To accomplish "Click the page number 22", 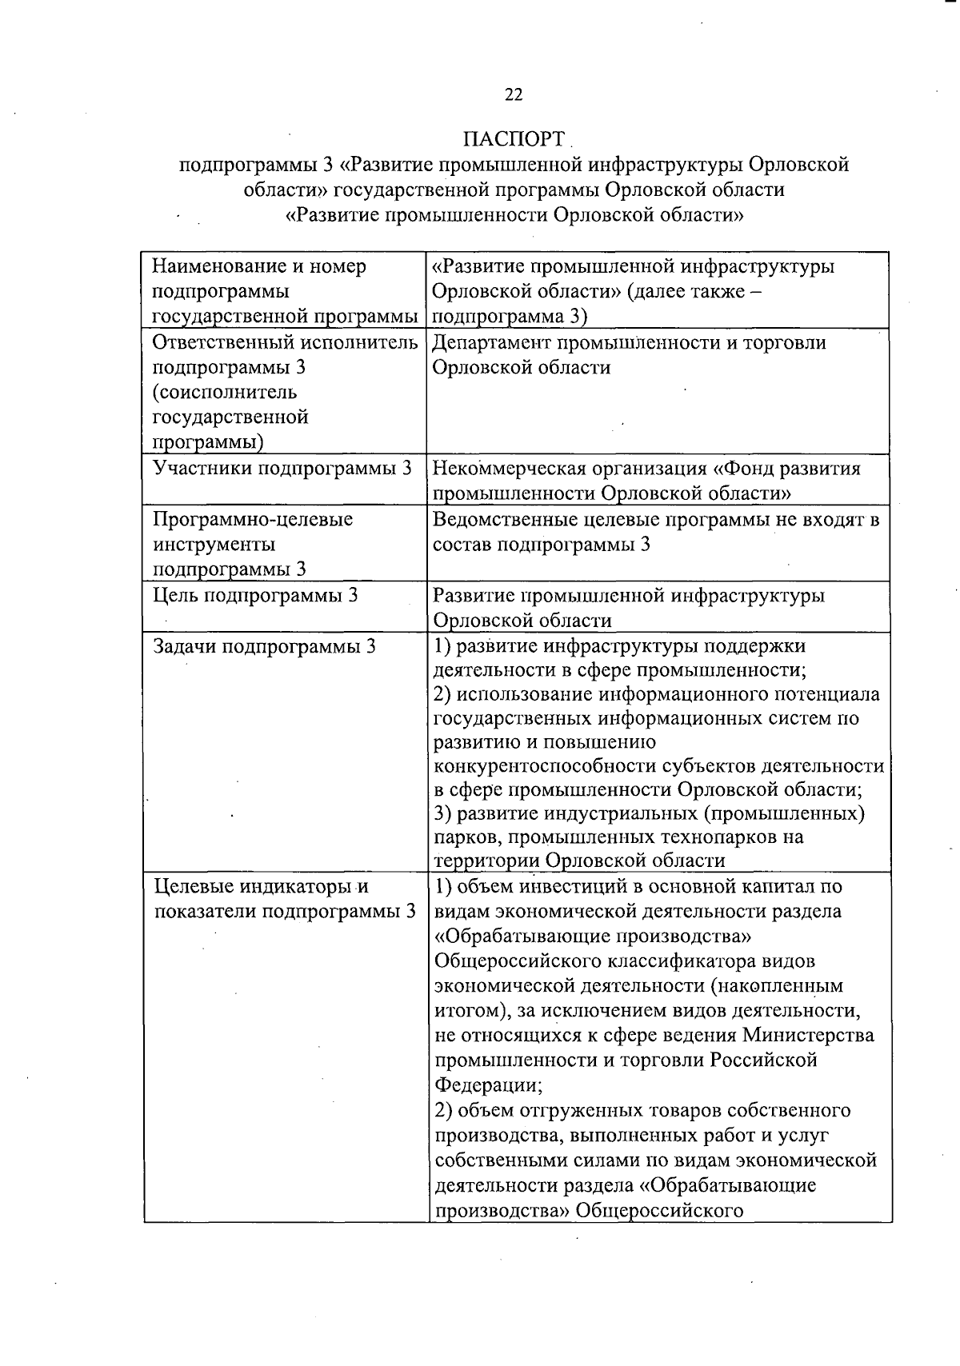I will [x=514, y=94].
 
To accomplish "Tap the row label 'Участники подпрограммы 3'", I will [x=282, y=468].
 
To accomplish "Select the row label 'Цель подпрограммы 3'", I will [x=255, y=595].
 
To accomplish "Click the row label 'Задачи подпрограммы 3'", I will [x=264, y=646].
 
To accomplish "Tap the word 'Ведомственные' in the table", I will [x=502, y=520].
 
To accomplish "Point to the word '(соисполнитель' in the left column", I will [x=225, y=392].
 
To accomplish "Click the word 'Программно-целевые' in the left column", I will [x=253, y=520].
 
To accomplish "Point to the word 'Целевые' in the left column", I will [x=193, y=887].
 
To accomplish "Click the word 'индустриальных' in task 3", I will [x=614, y=814].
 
